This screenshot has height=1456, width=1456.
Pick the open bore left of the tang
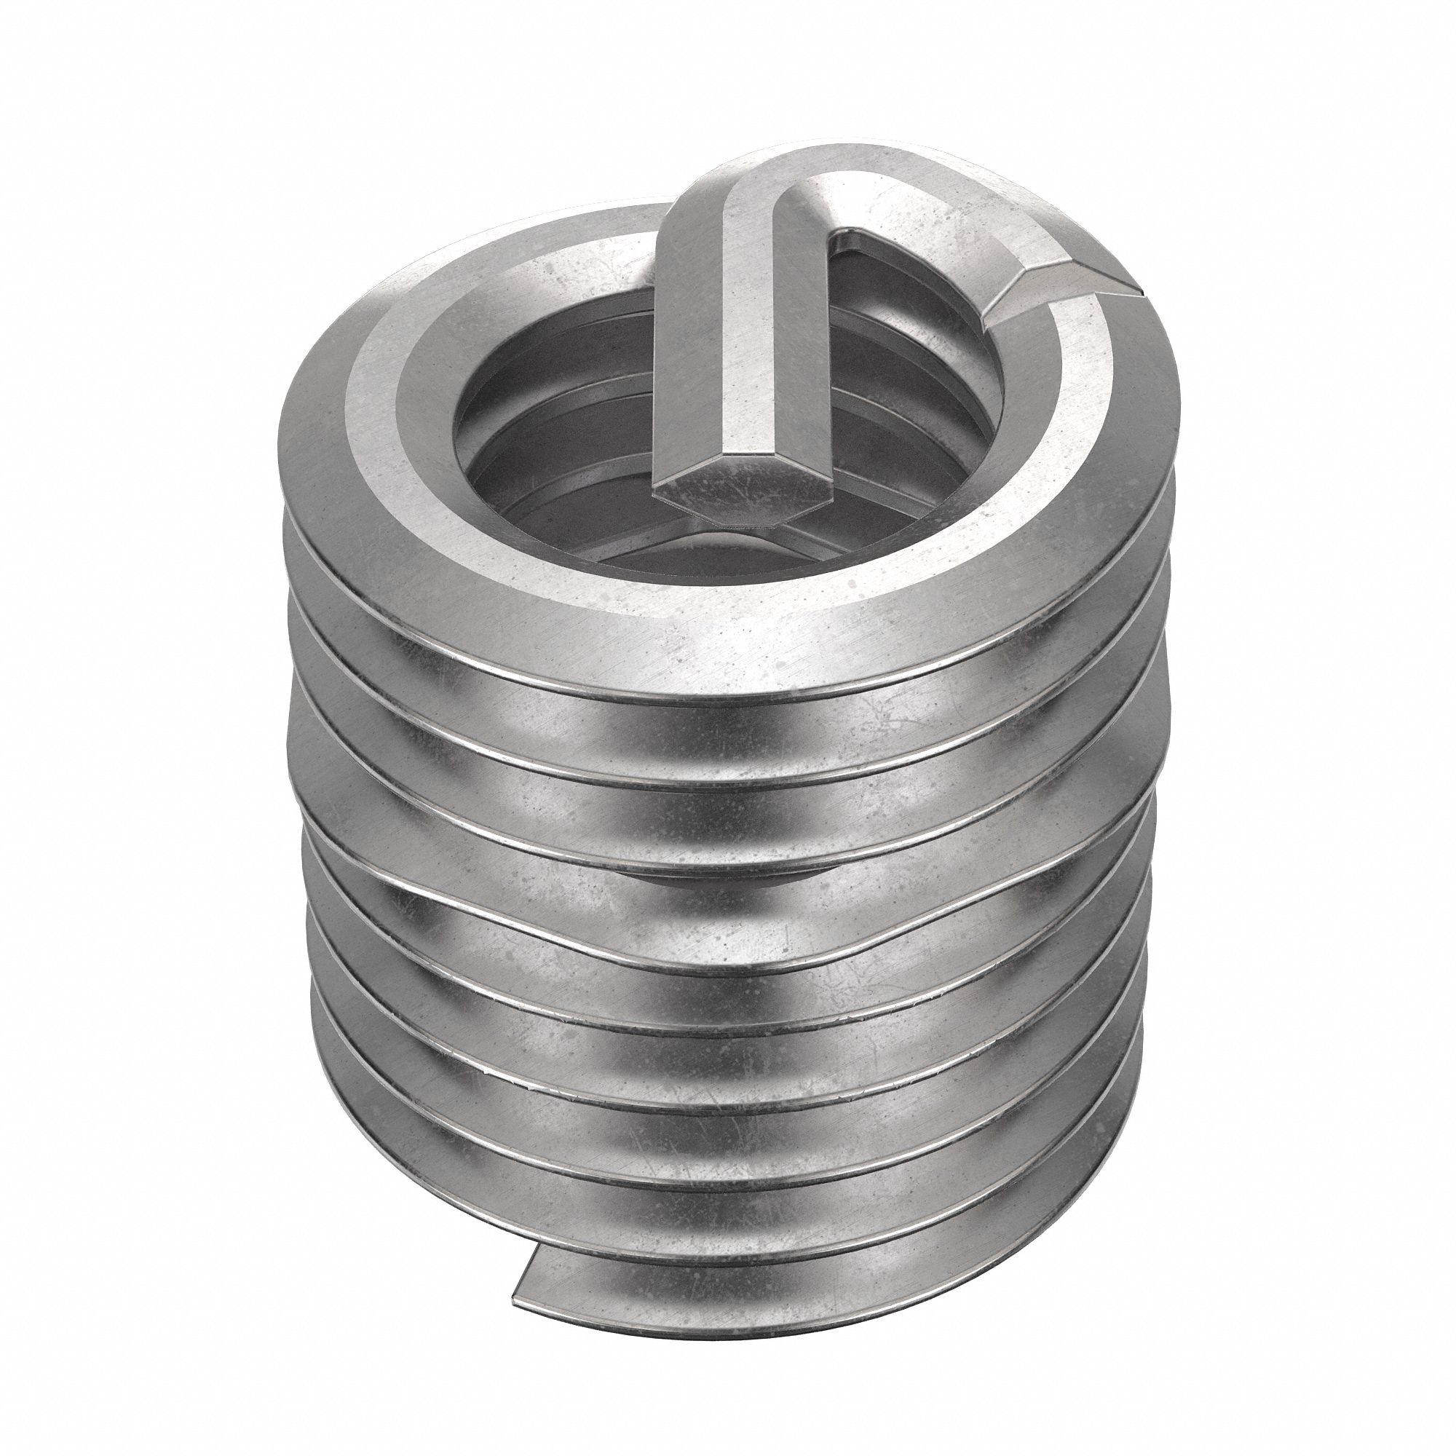(x=558, y=422)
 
